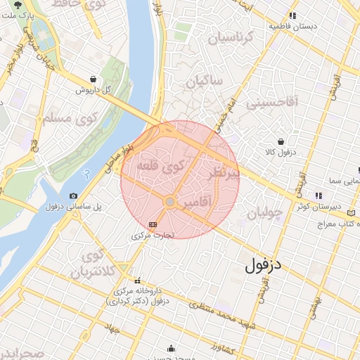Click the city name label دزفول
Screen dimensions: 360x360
(264, 266)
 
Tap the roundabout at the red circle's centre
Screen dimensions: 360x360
(169, 202)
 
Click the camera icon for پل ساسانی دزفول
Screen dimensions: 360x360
(73, 196)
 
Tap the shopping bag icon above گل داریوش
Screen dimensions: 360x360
(94, 79)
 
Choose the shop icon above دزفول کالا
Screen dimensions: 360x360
(281, 141)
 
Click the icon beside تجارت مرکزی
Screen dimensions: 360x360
(153, 224)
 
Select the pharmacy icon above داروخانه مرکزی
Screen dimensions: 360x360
(138, 279)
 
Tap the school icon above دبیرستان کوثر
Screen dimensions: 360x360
(319, 195)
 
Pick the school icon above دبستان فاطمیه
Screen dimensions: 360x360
(292, 15)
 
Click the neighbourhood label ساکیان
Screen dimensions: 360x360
(205, 82)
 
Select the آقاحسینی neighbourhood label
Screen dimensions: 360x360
(272, 103)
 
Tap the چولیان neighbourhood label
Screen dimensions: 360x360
(264, 211)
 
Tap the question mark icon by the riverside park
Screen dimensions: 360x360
(86, 172)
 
